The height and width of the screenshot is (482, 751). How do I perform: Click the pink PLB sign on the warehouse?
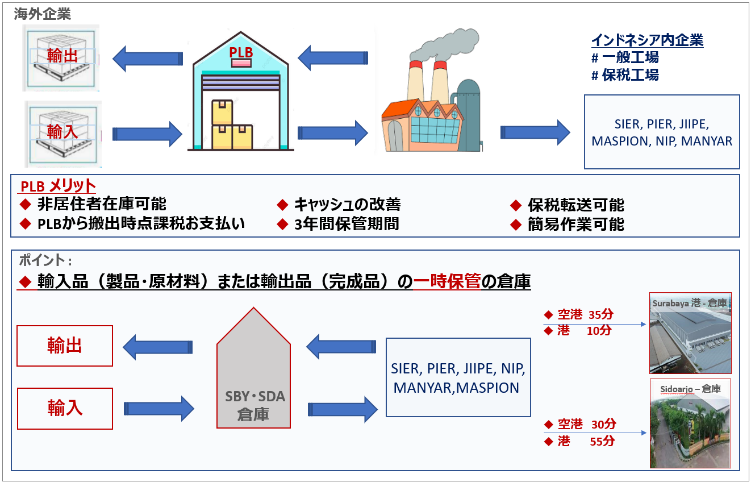pos(241,63)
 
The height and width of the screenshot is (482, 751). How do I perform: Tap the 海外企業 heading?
pos(43,14)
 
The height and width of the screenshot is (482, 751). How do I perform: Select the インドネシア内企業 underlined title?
pos(647,40)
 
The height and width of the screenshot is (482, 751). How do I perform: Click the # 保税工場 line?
pos(625,75)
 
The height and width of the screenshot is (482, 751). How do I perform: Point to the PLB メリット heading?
pos(58,186)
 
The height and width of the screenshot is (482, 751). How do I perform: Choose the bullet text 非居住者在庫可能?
pos(102,204)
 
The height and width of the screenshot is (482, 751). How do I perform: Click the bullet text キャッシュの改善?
pos(347,204)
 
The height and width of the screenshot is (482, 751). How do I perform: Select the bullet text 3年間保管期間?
pos(346,223)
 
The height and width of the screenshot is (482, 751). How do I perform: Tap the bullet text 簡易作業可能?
pos(575,225)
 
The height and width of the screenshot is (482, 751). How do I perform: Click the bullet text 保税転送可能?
pos(575,205)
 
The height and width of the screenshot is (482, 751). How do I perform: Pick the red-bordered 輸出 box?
pos(65,346)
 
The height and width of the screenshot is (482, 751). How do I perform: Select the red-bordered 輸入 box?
pos(65,408)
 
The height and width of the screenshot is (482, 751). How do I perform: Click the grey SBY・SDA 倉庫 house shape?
pos(253,375)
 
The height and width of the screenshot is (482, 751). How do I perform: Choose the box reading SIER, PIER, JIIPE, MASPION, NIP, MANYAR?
pos(662,132)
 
